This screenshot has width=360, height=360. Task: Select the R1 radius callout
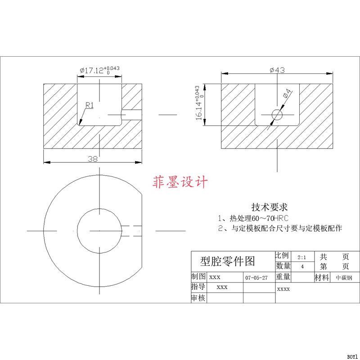(89, 105)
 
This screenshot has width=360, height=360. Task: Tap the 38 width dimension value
(93, 158)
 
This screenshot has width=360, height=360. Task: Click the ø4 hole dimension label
(288, 95)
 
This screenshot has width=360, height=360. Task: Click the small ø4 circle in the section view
(277, 115)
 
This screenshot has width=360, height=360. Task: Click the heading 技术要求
(269, 207)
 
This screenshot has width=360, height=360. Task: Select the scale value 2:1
(302, 257)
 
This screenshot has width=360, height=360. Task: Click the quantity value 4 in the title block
(302, 266)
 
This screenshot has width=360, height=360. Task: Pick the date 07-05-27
(256, 278)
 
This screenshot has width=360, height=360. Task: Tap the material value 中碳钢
(344, 278)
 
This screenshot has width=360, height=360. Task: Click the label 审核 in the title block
(198, 298)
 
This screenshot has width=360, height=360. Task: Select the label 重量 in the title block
(283, 277)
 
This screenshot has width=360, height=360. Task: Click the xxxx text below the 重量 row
(283, 289)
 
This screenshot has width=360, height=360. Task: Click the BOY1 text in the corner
(352, 356)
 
